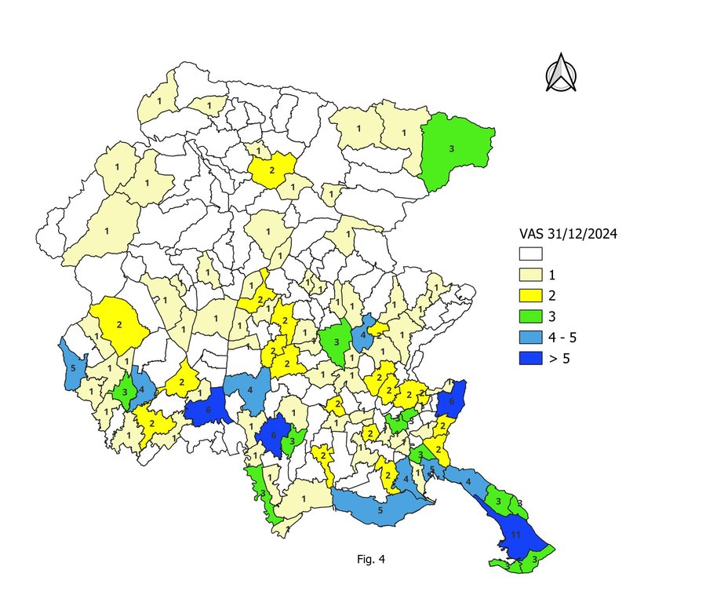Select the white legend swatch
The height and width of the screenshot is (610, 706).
point(532,254)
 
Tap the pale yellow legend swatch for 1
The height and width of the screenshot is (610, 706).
point(532,275)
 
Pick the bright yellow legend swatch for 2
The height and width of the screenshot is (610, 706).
point(532,296)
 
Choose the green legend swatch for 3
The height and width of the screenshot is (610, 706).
point(532,316)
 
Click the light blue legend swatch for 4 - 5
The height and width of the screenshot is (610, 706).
point(532,338)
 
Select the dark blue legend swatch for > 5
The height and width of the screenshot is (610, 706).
point(532,359)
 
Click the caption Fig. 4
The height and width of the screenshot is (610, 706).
point(371,560)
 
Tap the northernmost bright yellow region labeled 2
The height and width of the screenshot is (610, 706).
point(272,170)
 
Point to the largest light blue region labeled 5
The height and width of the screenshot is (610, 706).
point(380,509)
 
